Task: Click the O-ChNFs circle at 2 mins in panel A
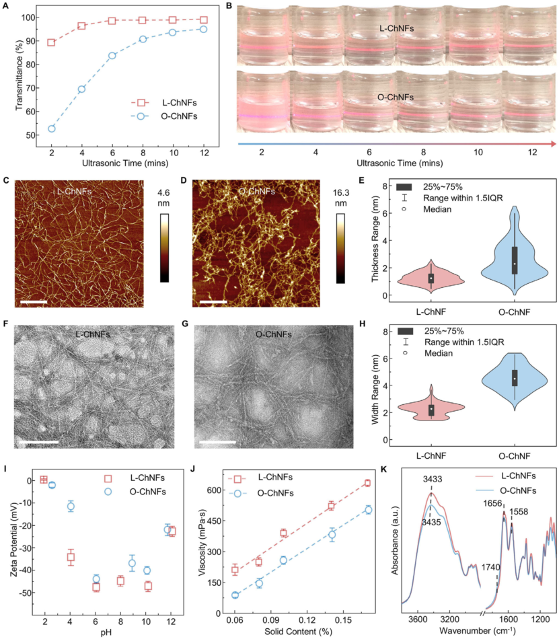tap(51, 128)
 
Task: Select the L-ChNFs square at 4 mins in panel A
tap(81, 26)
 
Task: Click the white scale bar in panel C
tap(34, 303)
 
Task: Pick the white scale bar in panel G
tap(217, 443)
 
